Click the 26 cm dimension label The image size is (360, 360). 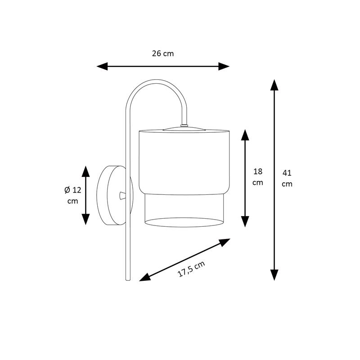[x=163, y=54]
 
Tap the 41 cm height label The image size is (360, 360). [x=287, y=178]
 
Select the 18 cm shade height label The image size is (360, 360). [x=257, y=177]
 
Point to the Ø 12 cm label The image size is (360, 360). [x=73, y=195]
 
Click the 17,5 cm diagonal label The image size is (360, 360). [x=191, y=269]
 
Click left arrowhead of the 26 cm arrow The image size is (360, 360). [x=102, y=66]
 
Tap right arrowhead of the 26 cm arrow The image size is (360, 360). [x=224, y=66]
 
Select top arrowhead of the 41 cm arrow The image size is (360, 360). [x=274, y=85]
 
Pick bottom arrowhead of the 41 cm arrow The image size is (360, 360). [x=274, y=275]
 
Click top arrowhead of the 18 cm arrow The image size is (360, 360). [x=245, y=135]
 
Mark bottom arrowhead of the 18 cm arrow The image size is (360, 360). [x=245, y=221]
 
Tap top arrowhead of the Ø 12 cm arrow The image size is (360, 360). [x=85, y=171]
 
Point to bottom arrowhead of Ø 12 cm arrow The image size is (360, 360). [x=85, y=219]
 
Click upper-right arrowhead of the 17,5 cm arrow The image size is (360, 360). [x=225, y=242]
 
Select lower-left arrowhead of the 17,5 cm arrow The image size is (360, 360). [x=145, y=278]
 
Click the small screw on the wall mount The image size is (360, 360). [x=122, y=196]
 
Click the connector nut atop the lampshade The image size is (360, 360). [x=184, y=126]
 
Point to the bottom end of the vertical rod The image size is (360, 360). [x=128, y=280]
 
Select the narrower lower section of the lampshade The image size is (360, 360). [x=184, y=211]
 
